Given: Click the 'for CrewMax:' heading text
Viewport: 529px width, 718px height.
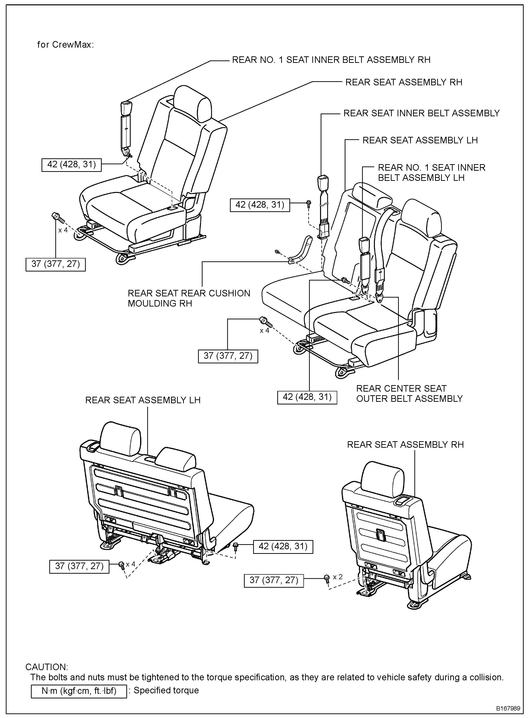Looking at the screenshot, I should click(65, 44).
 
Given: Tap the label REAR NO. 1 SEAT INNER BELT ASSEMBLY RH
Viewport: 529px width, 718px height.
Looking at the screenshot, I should click(331, 60).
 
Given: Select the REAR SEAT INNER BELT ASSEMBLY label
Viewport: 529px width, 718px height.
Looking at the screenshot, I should click(421, 113).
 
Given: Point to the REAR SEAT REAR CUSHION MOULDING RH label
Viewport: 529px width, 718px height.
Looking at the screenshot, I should click(189, 298).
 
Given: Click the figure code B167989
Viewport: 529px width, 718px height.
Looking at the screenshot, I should click(508, 708).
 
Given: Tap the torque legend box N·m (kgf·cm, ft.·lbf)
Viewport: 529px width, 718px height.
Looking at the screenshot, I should click(79, 691).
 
